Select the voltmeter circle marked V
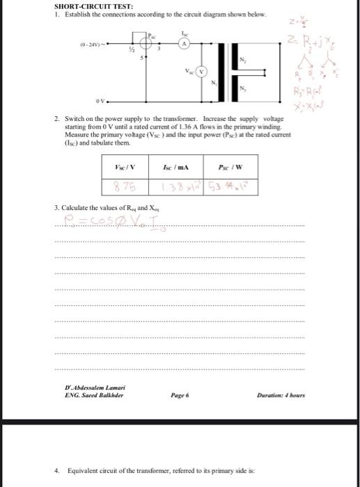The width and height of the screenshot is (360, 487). (201, 70)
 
